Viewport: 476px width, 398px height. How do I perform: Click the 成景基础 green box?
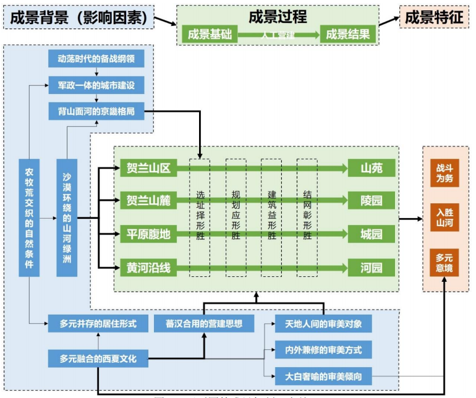pos(210,35)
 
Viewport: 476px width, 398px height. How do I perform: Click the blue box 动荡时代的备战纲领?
pos(96,59)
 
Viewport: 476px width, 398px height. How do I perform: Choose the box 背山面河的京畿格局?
pos(96,111)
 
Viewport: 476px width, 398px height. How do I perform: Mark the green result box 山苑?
pos(371,167)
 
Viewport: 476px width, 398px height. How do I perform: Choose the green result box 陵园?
pos(371,200)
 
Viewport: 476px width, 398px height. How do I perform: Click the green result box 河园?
pos(371,268)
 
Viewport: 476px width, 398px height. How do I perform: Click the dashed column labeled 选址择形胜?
pos(200,216)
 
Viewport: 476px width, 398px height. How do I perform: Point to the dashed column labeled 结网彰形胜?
pos(307,216)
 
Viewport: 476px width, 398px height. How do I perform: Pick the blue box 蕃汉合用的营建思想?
pos(204,323)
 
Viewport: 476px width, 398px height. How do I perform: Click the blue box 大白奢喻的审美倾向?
pos(323,375)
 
